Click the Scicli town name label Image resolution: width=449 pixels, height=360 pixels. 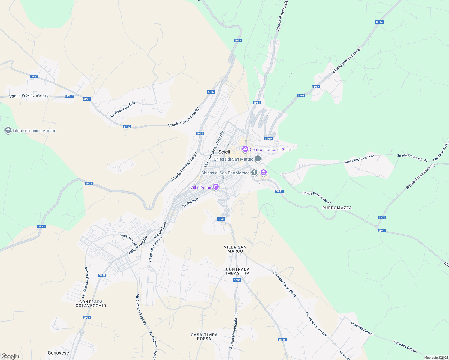point(224,152)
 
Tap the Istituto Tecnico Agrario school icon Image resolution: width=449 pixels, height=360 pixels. point(8,130)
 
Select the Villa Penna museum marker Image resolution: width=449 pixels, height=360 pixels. point(215,187)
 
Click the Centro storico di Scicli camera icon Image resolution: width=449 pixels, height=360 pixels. point(245,149)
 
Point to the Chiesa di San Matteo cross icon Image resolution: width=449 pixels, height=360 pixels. point(258,159)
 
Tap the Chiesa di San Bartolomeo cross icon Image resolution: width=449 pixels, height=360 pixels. point(254,172)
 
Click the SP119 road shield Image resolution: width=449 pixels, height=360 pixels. point(69,96)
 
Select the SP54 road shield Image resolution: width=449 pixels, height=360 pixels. point(257,103)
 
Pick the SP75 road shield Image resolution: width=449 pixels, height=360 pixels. point(382,217)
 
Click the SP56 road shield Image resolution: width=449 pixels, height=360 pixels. point(237,280)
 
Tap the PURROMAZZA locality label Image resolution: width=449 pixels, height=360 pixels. point(337,208)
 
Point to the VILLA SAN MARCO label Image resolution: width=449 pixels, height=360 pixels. point(235,249)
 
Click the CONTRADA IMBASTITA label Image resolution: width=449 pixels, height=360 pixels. point(237,271)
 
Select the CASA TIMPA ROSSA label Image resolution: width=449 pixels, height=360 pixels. point(204,337)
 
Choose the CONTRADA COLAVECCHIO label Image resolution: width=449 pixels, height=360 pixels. point(91,304)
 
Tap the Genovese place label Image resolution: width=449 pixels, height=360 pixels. point(58,353)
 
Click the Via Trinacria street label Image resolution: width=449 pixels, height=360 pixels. point(190,202)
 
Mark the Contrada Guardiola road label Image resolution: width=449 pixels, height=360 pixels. point(122,109)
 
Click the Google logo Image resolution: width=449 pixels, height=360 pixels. point(10,356)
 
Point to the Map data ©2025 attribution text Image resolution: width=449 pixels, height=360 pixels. point(436,358)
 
